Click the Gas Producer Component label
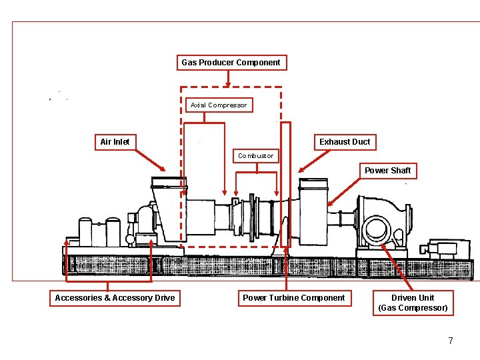click(231, 63)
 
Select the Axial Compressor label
click(218, 105)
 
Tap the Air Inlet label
click(115, 141)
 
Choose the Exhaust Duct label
click(344, 141)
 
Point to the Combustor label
click(255, 156)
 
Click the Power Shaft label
click(387, 171)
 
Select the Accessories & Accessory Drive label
click(115, 298)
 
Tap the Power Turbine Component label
click(294, 298)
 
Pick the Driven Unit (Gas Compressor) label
click(413, 303)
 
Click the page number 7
click(451, 341)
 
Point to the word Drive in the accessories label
click(163, 298)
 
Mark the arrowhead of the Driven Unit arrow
click(383, 245)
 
